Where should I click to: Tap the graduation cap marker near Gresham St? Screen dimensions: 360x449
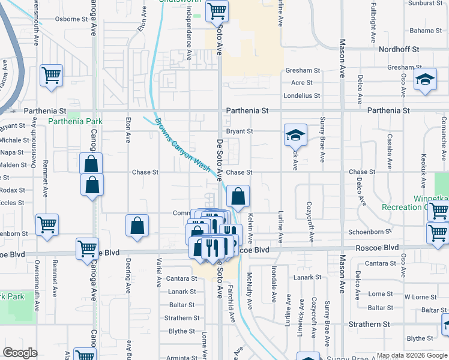pyautogui.click(x=425, y=80)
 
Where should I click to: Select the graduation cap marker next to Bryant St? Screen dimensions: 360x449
pyautogui.click(x=295, y=135)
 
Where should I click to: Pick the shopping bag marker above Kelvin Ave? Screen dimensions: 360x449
pyautogui.click(x=238, y=196)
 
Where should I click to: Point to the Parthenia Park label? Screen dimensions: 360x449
pyautogui.click(x=75, y=121)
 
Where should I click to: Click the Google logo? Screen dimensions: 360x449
pyautogui.click(x=20, y=352)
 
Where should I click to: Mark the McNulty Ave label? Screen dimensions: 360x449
pyautogui.click(x=249, y=291)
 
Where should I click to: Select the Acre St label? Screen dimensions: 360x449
pyautogui.click(x=302, y=83)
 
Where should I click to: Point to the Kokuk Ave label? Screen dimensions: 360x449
pyautogui.click(x=424, y=163)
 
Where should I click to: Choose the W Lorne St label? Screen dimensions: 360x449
pyautogui.click(x=420, y=297)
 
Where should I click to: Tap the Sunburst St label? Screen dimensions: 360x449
pyautogui.click(x=424, y=4)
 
